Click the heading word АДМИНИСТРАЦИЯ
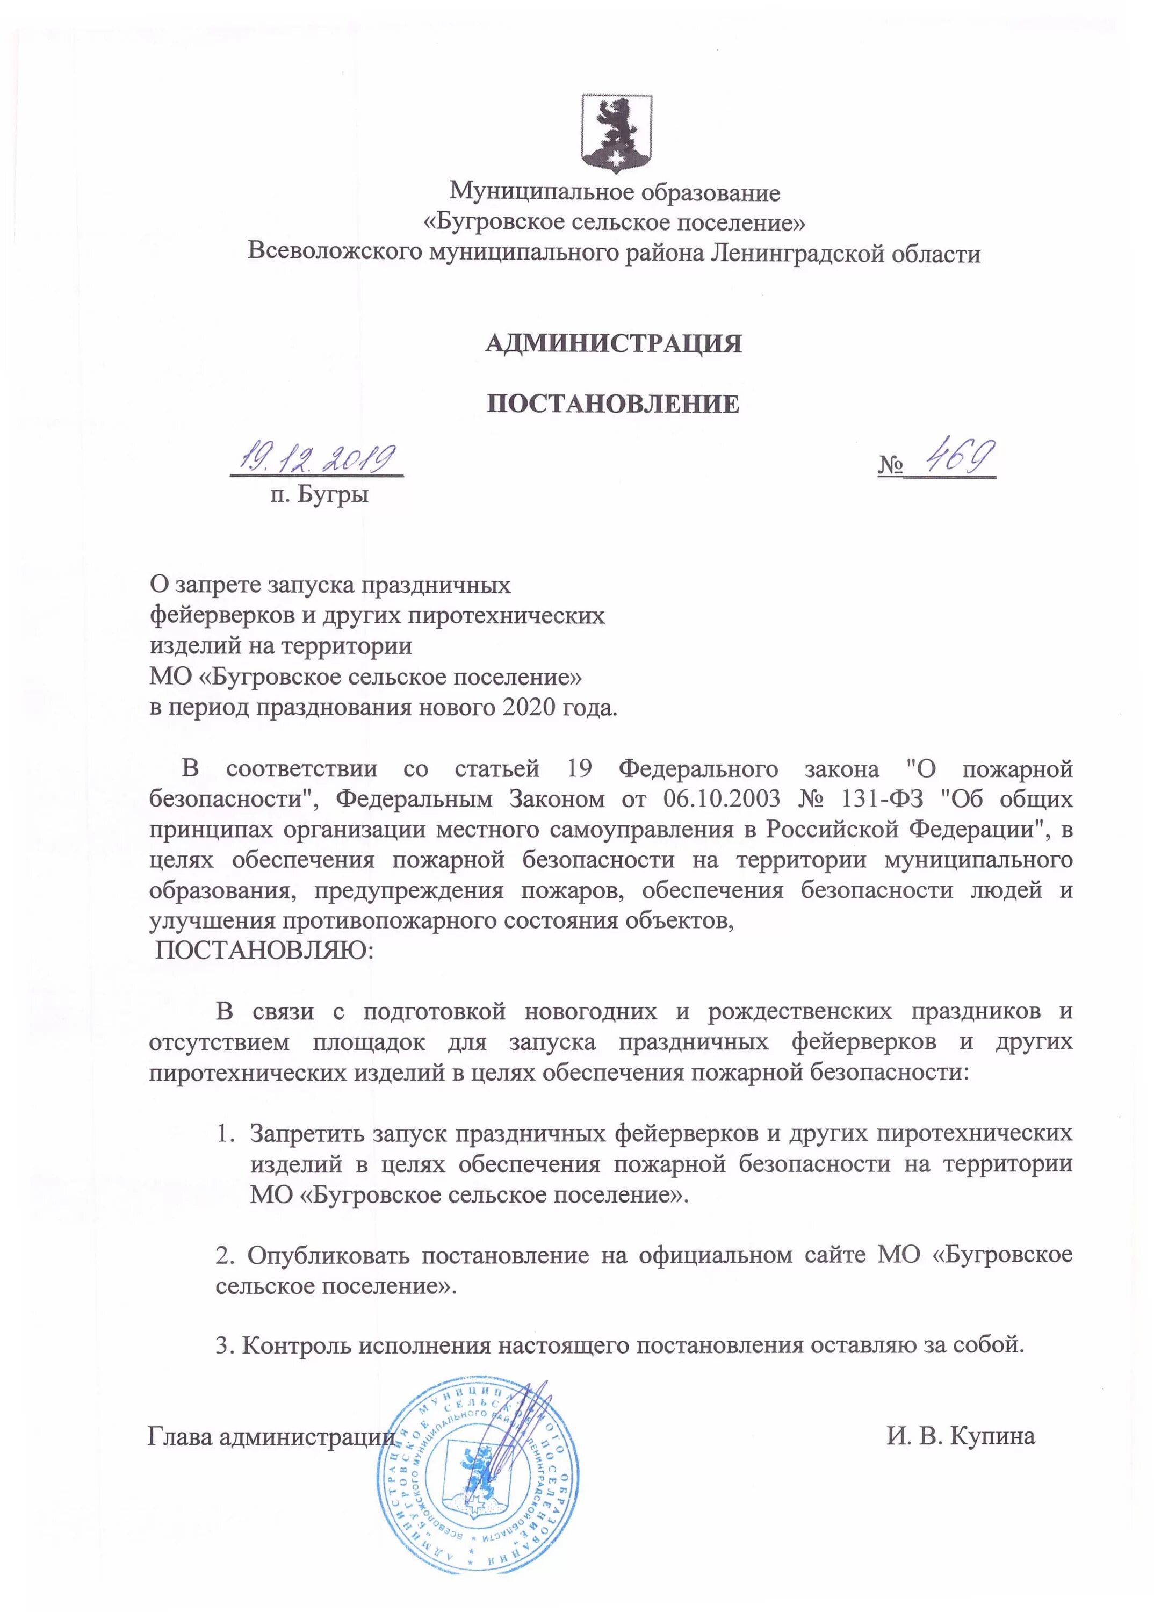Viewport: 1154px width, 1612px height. [613, 343]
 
